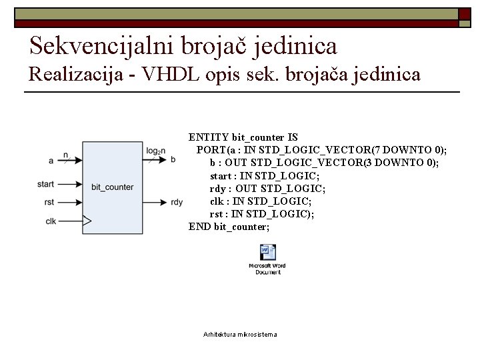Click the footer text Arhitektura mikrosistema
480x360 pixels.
coord(240,334)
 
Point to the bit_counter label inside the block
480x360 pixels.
coord(113,187)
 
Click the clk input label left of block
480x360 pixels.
coord(51,221)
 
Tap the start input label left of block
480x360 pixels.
coord(46,184)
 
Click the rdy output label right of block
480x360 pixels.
coord(177,203)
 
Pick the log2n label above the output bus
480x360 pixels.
coord(156,151)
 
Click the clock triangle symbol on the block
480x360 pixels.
coord(86,221)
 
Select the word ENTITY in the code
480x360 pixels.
coord(209,138)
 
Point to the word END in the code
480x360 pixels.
coord(199,227)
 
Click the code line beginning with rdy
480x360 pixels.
coord(267,189)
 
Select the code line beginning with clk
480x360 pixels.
coord(261,201)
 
